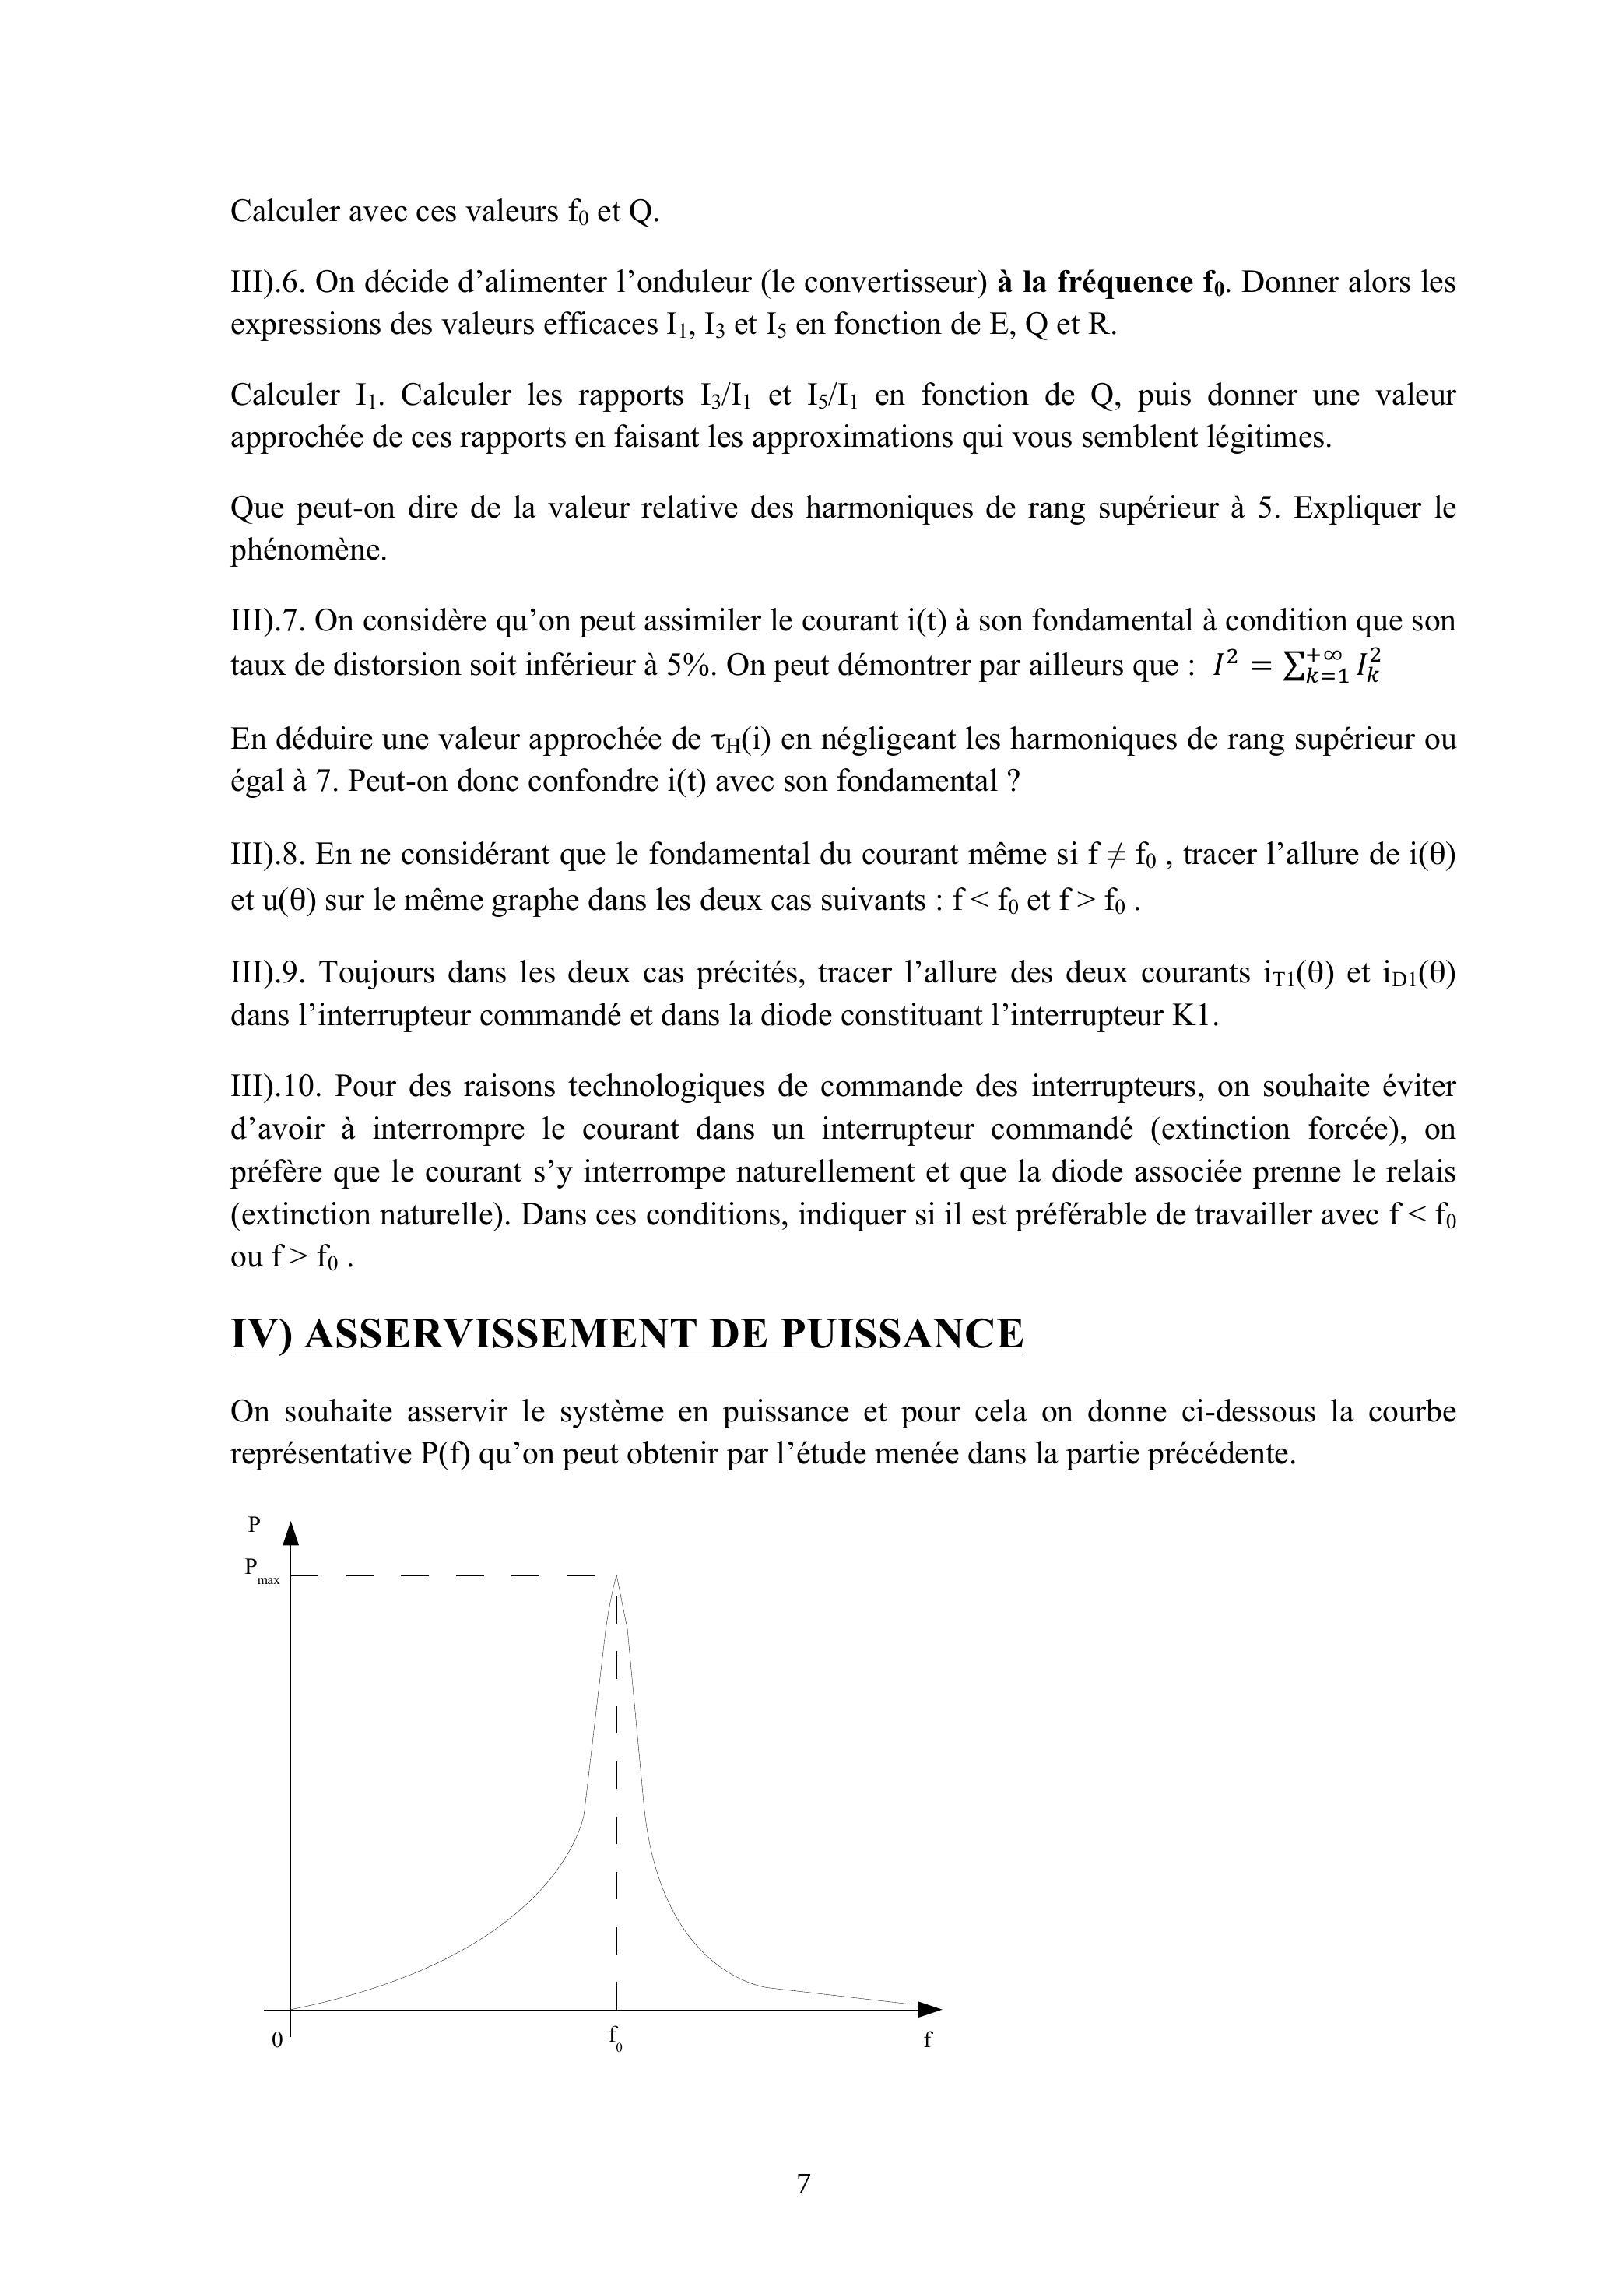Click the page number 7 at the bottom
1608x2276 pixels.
(x=803, y=2183)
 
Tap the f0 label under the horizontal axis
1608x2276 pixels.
(x=615, y=2038)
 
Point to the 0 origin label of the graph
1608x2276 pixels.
(x=278, y=2039)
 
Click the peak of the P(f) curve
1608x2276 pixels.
(x=616, y=1577)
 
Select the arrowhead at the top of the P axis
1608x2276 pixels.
(x=290, y=1533)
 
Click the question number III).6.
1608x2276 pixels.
(x=269, y=283)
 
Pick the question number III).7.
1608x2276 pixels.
(x=269, y=621)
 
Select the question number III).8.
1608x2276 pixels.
(x=269, y=855)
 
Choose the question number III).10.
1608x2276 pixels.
(x=278, y=1087)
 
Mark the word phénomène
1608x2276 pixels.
(x=307, y=551)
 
